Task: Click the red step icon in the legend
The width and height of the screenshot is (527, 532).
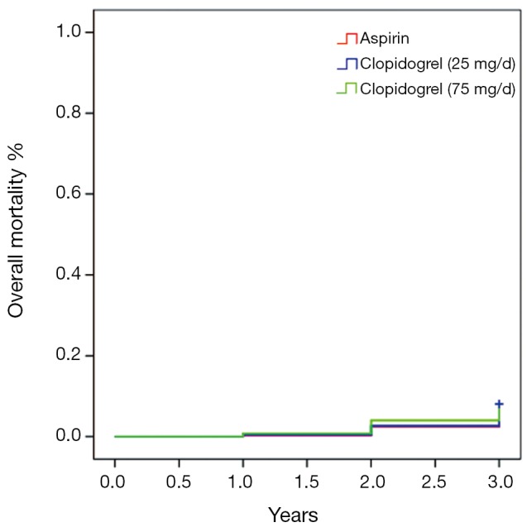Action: coord(347,39)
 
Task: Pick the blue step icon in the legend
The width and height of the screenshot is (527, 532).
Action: coord(347,64)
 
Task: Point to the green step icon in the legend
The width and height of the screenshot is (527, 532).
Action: coord(347,89)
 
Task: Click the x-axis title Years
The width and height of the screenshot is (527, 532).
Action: coord(293,515)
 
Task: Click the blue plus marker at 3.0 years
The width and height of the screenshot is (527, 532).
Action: coord(499,404)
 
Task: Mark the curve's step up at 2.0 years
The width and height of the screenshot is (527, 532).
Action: coord(371,428)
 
